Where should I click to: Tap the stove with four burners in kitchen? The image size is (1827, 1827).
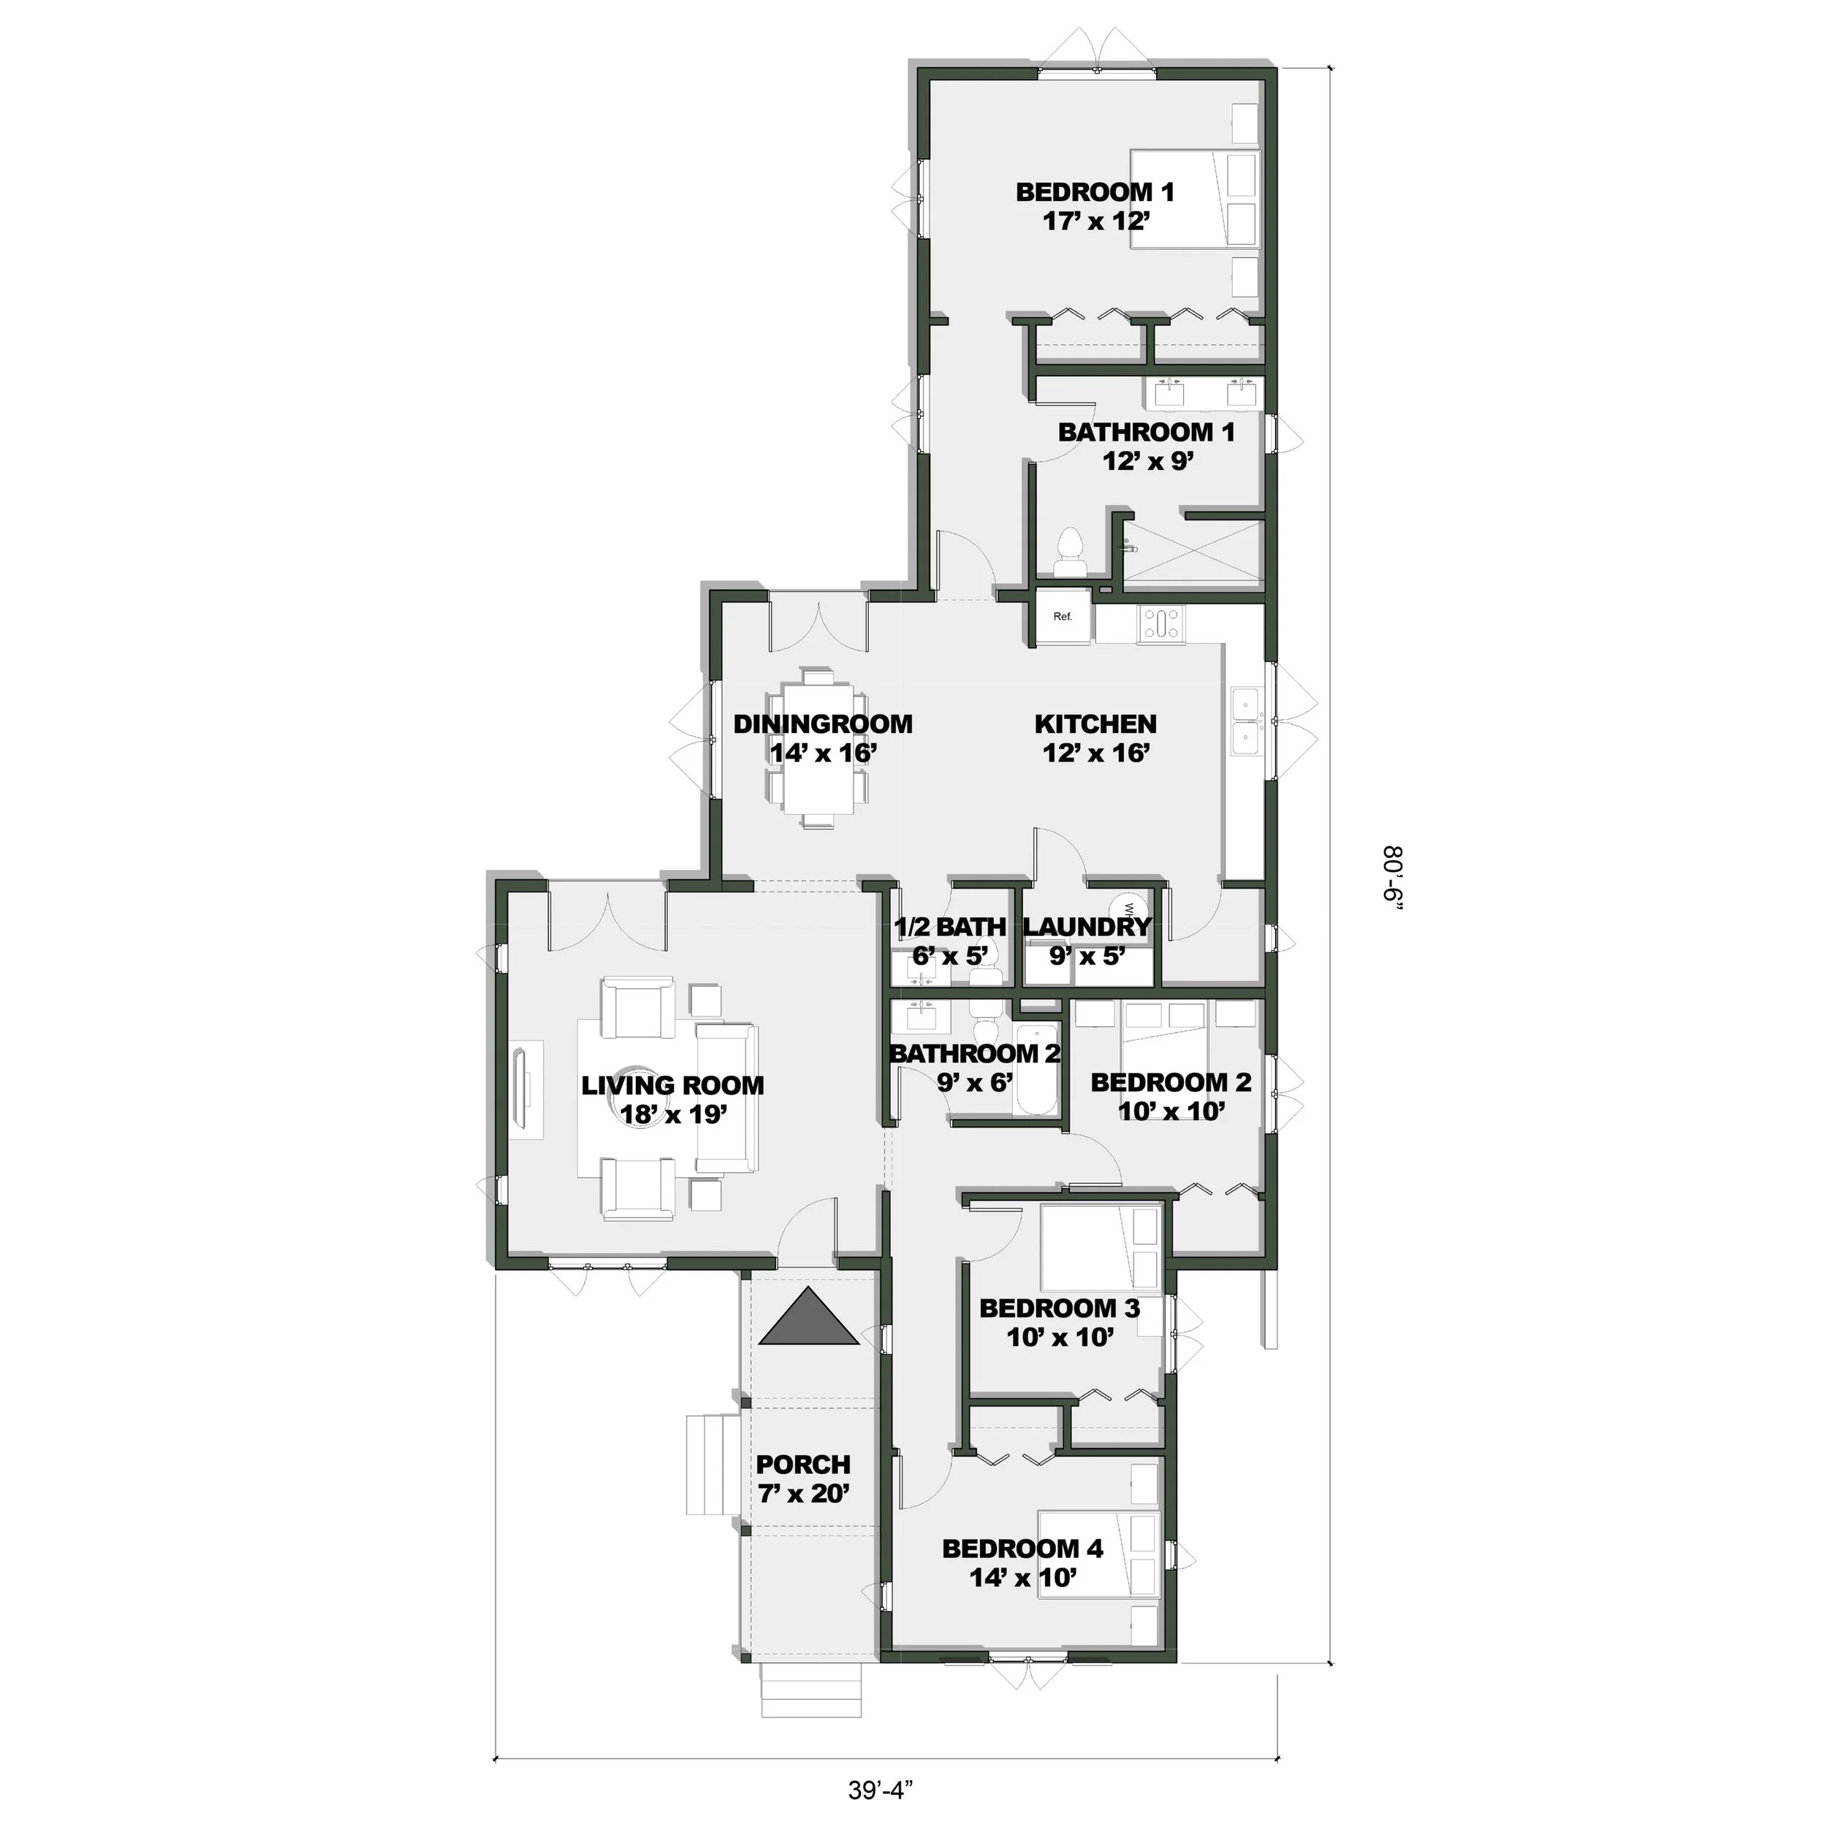1161,625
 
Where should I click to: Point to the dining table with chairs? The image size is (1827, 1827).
817,750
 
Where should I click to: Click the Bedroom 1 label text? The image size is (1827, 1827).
1095,192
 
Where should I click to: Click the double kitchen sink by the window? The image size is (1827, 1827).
1245,723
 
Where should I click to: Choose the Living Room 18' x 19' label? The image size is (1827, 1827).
672,1100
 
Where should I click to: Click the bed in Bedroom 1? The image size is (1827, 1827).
1196,200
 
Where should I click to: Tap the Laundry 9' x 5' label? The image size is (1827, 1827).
1087,941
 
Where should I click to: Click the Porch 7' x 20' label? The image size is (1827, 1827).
803,1479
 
